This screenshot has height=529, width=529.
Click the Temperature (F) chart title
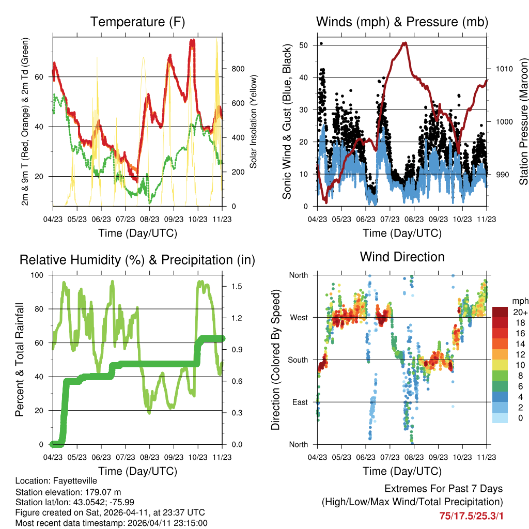tap(137, 22)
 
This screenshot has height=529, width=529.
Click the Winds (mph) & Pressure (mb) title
tap(402, 22)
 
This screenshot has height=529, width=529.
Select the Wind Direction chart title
tap(402, 256)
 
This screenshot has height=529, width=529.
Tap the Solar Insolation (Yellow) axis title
tap(254, 121)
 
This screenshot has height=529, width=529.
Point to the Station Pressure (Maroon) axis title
tap(523, 121)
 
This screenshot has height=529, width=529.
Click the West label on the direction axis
tap(299, 317)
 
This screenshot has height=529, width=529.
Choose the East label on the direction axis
tap(299, 402)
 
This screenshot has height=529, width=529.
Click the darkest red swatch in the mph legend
tap(501, 312)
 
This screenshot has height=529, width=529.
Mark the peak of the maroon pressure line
tap(404, 43)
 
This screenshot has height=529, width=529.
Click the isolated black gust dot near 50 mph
tap(321, 43)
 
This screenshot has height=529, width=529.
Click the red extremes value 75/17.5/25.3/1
tap(471, 516)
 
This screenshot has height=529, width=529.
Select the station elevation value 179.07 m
tap(103, 491)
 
